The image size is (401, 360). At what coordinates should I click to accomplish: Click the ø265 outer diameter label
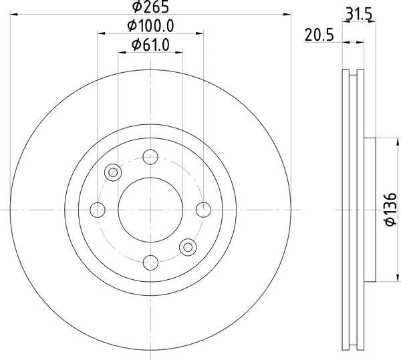[150, 7]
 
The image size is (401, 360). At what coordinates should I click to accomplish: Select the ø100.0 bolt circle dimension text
[150, 26]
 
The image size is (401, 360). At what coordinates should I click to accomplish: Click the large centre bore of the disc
[150, 209]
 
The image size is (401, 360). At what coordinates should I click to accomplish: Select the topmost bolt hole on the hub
[150, 158]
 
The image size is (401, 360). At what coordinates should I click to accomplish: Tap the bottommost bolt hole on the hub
[150, 261]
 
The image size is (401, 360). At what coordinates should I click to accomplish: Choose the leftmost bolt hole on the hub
[99, 209]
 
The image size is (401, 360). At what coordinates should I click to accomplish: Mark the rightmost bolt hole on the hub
[202, 209]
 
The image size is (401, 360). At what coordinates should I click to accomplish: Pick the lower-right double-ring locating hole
[187, 246]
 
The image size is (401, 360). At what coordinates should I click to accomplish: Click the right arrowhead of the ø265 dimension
[287, 13]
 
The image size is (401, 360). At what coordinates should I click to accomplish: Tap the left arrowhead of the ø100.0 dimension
[102, 33]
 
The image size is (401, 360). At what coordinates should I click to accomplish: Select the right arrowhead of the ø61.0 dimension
[178, 51]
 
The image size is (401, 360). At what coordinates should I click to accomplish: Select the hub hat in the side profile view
[370, 209]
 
